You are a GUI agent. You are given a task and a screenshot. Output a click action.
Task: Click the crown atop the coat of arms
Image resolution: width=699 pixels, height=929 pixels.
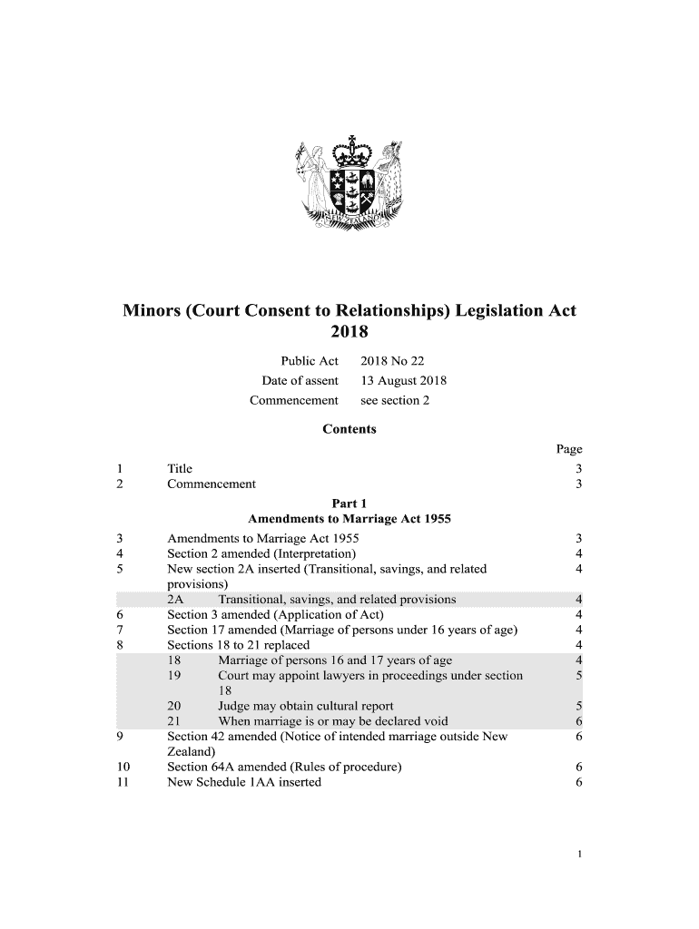click(x=349, y=152)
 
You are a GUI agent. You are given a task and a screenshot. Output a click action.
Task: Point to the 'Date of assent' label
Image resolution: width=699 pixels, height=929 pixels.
click(x=300, y=381)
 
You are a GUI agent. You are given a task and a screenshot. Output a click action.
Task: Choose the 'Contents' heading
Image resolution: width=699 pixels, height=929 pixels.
click(x=349, y=429)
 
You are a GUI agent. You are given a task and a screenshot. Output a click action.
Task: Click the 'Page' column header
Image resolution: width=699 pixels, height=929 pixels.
click(x=568, y=449)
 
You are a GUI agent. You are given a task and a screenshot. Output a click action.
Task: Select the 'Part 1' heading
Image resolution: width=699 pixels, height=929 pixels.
click(x=349, y=504)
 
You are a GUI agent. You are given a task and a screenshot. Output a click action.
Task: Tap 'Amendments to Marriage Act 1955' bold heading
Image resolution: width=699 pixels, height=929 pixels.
click(x=349, y=520)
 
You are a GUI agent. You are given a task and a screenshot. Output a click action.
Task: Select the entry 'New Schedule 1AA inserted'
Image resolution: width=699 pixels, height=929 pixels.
click(x=244, y=782)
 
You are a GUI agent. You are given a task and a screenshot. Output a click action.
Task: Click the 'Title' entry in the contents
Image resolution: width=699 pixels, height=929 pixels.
click(x=180, y=469)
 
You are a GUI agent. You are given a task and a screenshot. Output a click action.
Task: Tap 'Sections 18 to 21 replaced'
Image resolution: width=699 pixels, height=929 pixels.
click(x=239, y=645)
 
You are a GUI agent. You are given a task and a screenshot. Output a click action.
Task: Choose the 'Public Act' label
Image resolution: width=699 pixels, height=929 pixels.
click(x=309, y=362)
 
